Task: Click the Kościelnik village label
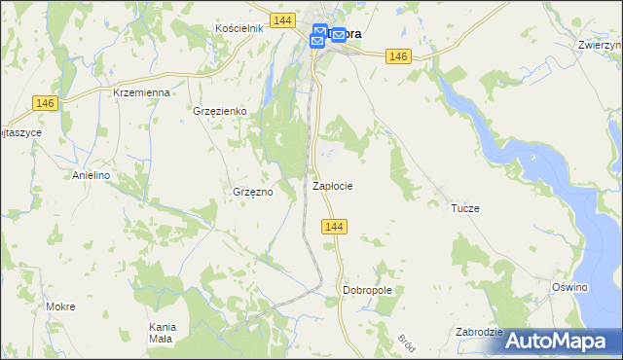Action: coord(239,28)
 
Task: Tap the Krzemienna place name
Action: coord(142,92)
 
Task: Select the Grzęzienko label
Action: coord(220,112)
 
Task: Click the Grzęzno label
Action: coord(252,192)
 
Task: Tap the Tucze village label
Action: coord(465,208)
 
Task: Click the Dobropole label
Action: coord(367,290)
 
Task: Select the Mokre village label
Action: coord(60,306)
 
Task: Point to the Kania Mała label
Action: coord(161,332)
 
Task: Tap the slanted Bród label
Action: coord(406,343)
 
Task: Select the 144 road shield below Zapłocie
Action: coord(334,227)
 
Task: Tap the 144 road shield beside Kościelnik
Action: coord(283,20)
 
